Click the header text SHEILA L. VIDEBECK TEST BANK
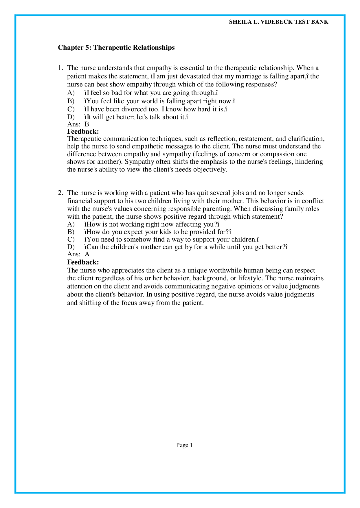[x=278, y=22]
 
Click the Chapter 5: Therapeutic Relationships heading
[x=116, y=47]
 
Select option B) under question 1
[x=71, y=101]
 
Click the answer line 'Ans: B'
[x=78, y=124]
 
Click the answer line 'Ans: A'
[x=78, y=254]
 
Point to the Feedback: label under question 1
[x=83, y=132]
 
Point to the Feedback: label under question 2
[x=83, y=262]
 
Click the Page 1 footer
[x=184, y=445]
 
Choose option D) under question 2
[x=71, y=247]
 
